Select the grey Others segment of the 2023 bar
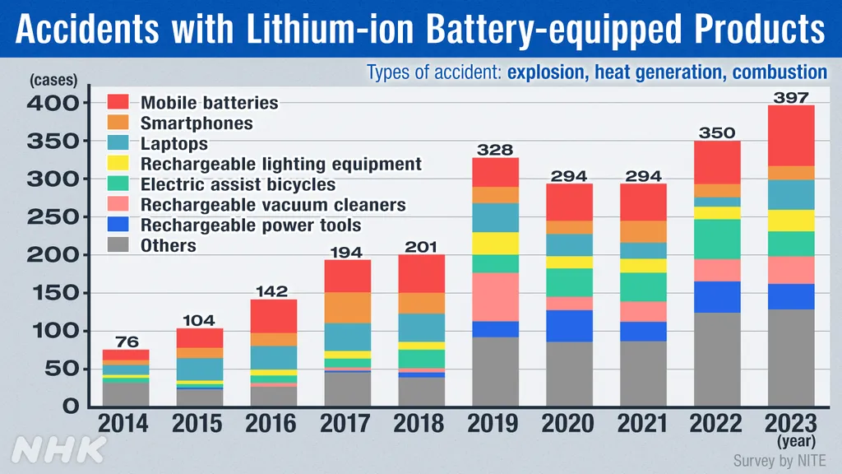point(790,357)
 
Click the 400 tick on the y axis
point(53,104)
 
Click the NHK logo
point(59,449)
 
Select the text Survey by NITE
point(780,460)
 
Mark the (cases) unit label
point(53,81)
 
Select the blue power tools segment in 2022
point(716,297)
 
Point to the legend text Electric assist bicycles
point(238,184)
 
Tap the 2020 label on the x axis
point(568,424)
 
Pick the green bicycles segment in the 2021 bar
point(642,287)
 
